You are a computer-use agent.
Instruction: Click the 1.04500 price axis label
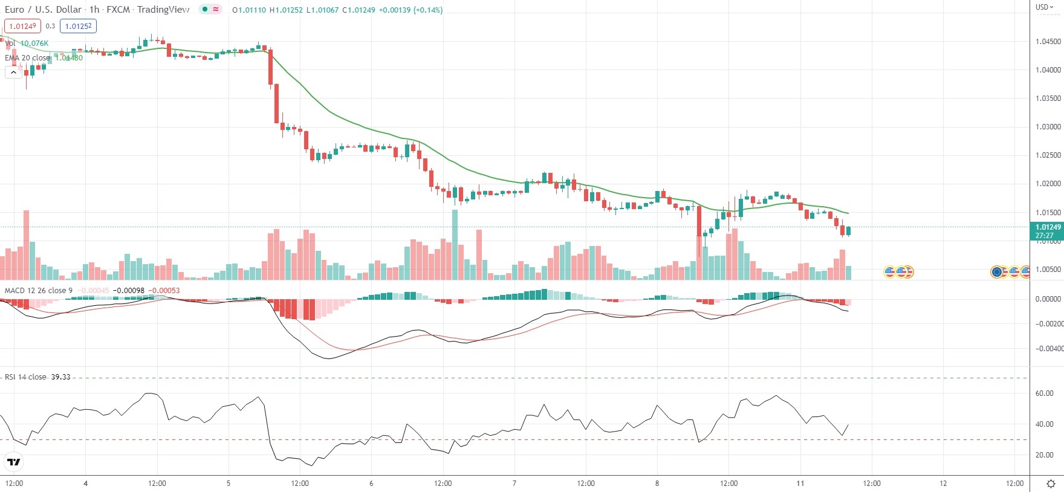coord(1048,42)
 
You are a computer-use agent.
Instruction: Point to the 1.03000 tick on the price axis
coord(1048,127)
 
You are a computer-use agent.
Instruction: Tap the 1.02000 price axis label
coord(1048,184)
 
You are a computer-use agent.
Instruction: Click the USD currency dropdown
coord(1044,7)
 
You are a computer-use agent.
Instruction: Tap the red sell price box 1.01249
coord(22,26)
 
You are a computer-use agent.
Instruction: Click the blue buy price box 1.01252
coord(78,26)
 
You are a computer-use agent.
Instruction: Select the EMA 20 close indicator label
coord(27,58)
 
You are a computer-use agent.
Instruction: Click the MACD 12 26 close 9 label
coord(39,291)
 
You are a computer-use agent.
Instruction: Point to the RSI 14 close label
coord(25,377)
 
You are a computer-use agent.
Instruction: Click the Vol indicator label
coord(10,44)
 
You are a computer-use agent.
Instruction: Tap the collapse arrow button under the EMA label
coord(13,73)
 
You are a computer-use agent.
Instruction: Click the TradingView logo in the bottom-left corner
coord(13,462)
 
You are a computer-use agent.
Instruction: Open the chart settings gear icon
coord(1051,484)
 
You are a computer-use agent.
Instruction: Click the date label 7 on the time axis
coord(514,484)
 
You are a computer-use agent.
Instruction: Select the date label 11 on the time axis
coord(800,484)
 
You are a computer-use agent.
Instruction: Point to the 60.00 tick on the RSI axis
coord(1044,393)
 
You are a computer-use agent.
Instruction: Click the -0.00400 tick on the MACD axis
coord(1049,349)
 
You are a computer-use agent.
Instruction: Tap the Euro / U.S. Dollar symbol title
coord(43,10)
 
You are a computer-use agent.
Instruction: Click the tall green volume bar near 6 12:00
coord(455,245)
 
